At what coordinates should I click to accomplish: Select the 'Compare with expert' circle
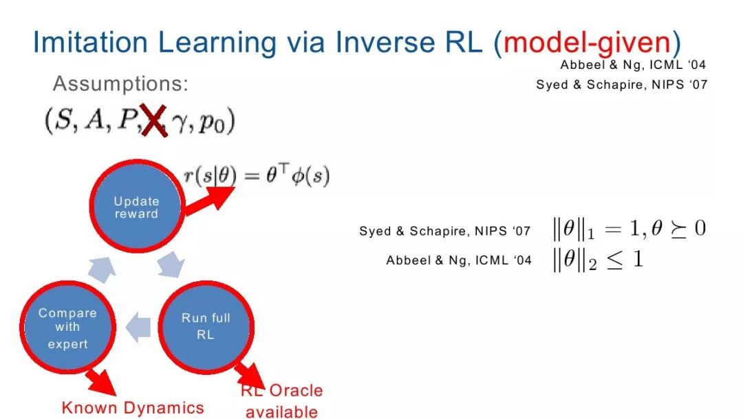[67, 327]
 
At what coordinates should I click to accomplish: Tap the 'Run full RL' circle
[206, 327]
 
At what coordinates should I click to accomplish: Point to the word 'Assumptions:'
[120, 83]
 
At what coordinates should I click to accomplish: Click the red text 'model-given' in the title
[587, 42]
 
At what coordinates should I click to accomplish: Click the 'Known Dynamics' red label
[133, 407]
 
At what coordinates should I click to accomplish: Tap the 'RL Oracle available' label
[281, 401]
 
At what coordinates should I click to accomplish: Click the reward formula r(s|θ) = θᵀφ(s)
[257, 176]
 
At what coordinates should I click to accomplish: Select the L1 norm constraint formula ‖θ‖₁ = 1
[629, 229]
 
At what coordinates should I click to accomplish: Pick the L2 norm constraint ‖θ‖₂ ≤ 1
[598, 260]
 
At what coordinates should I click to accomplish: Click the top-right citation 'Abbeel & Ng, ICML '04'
[633, 65]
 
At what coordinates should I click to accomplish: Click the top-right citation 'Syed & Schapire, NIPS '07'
[622, 85]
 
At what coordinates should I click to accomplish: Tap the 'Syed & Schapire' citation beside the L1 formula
[444, 231]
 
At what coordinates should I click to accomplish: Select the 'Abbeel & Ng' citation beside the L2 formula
[459, 260]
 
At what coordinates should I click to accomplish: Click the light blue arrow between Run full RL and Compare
[138, 327]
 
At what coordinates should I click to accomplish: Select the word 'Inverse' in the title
[385, 42]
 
